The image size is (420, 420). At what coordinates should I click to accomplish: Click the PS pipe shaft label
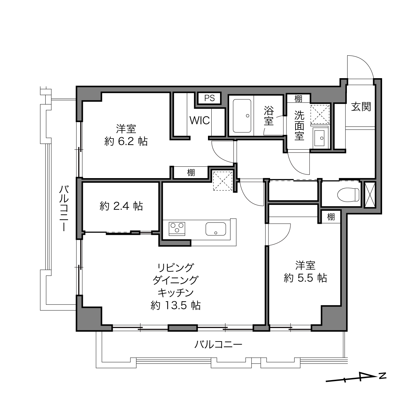[x=209, y=98]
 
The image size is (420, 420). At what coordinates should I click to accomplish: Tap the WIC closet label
[x=199, y=120]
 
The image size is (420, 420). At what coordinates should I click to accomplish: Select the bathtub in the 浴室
[x=242, y=116]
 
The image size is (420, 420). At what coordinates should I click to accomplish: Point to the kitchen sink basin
[x=216, y=229]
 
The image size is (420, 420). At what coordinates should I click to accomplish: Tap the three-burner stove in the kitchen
[x=177, y=229]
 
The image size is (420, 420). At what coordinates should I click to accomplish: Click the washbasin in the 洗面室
[x=320, y=137]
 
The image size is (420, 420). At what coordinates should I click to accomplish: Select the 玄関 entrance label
[x=361, y=107]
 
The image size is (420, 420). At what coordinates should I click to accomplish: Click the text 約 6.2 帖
[x=126, y=142]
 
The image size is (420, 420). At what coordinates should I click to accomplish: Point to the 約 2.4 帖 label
[x=121, y=206]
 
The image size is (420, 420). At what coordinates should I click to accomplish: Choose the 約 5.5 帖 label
[x=305, y=278]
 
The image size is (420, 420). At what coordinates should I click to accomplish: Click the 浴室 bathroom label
[x=269, y=116]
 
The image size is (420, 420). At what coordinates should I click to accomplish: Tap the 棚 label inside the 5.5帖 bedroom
[x=331, y=217]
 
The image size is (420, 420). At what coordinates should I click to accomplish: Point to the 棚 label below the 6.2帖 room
[x=191, y=173]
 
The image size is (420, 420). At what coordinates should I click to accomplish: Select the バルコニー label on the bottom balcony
[x=218, y=345]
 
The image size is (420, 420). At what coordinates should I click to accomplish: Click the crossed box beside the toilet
[x=370, y=195]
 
